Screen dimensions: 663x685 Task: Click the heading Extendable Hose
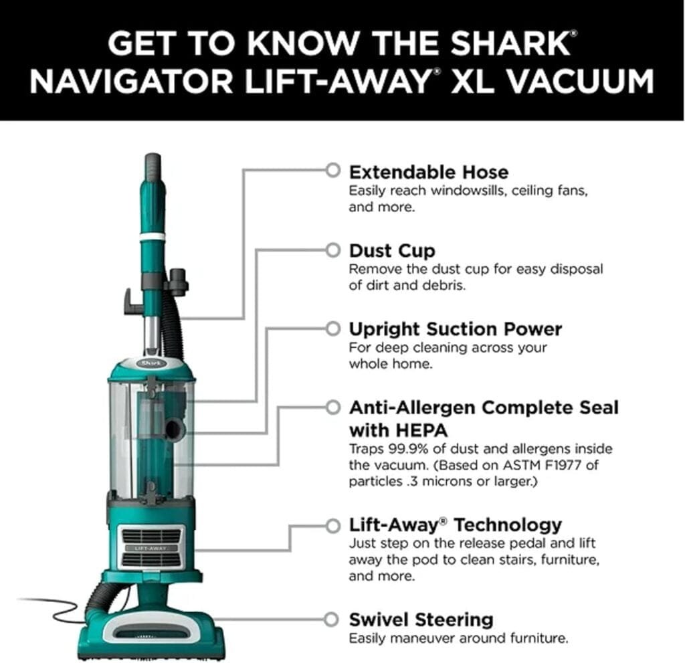click(429, 171)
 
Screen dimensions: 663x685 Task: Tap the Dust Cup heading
click(392, 251)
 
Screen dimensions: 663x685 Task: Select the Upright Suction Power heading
click(455, 329)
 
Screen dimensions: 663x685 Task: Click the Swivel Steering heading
click(421, 619)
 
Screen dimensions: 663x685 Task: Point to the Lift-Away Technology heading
click(455, 525)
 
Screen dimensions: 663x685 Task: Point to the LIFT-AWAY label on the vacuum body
click(151, 548)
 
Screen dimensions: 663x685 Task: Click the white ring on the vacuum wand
click(153, 237)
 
